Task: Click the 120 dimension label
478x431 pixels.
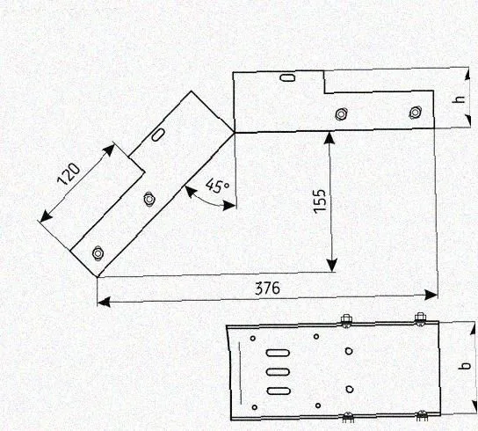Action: point(69,174)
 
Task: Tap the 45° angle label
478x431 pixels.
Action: point(217,186)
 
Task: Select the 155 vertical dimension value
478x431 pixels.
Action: point(320,201)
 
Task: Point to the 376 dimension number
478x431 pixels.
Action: point(267,288)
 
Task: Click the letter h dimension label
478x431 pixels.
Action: point(459,99)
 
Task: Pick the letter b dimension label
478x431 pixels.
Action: point(464,366)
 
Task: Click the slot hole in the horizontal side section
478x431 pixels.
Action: point(287,77)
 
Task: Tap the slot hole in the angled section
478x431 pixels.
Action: point(158,135)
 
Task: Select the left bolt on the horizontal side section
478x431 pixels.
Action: point(341,114)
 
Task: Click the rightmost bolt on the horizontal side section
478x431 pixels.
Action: point(415,113)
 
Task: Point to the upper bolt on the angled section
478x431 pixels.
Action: point(149,199)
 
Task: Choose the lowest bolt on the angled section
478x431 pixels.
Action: point(98,253)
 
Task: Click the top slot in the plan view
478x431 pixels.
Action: point(278,354)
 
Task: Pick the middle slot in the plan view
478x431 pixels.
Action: point(278,372)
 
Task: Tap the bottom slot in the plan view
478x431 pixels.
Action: point(279,391)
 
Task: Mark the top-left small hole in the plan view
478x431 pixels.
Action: point(253,339)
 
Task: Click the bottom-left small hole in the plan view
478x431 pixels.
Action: point(255,407)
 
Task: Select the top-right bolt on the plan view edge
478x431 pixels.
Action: point(420,319)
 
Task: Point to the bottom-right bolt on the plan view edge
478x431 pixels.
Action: point(421,416)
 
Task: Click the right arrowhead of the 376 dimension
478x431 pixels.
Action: point(431,296)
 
